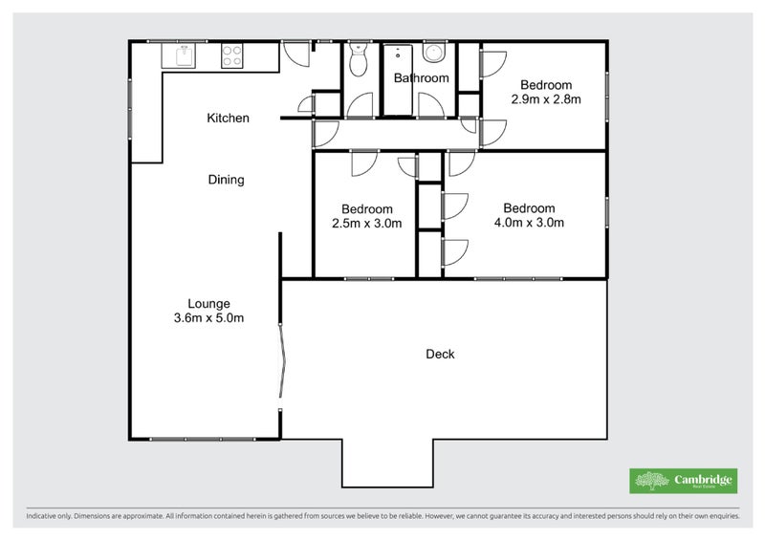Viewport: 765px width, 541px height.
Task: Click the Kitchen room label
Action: point(228,119)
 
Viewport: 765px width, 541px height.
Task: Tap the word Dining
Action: point(226,180)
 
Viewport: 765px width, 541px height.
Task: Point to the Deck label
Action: point(440,355)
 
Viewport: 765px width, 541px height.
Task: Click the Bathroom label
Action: point(421,78)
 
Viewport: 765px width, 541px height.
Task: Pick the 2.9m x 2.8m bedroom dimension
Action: point(546,99)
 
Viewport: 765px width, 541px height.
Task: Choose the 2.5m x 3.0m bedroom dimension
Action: point(367,224)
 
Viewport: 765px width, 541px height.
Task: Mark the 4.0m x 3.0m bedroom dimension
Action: point(530,223)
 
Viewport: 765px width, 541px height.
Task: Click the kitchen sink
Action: point(179,55)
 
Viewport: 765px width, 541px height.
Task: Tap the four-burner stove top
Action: point(231,55)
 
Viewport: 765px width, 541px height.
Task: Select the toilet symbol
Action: point(359,60)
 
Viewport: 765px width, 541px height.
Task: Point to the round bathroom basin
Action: point(433,53)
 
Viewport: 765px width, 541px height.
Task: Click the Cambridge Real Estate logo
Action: point(683,481)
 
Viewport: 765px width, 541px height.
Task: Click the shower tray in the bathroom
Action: point(398,80)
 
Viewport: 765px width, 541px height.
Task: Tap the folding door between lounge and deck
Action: point(282,360)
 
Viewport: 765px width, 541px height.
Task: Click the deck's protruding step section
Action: point(387,463)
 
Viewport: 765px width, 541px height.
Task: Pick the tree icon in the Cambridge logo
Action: point(652,481)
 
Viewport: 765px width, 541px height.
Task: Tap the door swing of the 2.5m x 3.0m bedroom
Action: point(364,163)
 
